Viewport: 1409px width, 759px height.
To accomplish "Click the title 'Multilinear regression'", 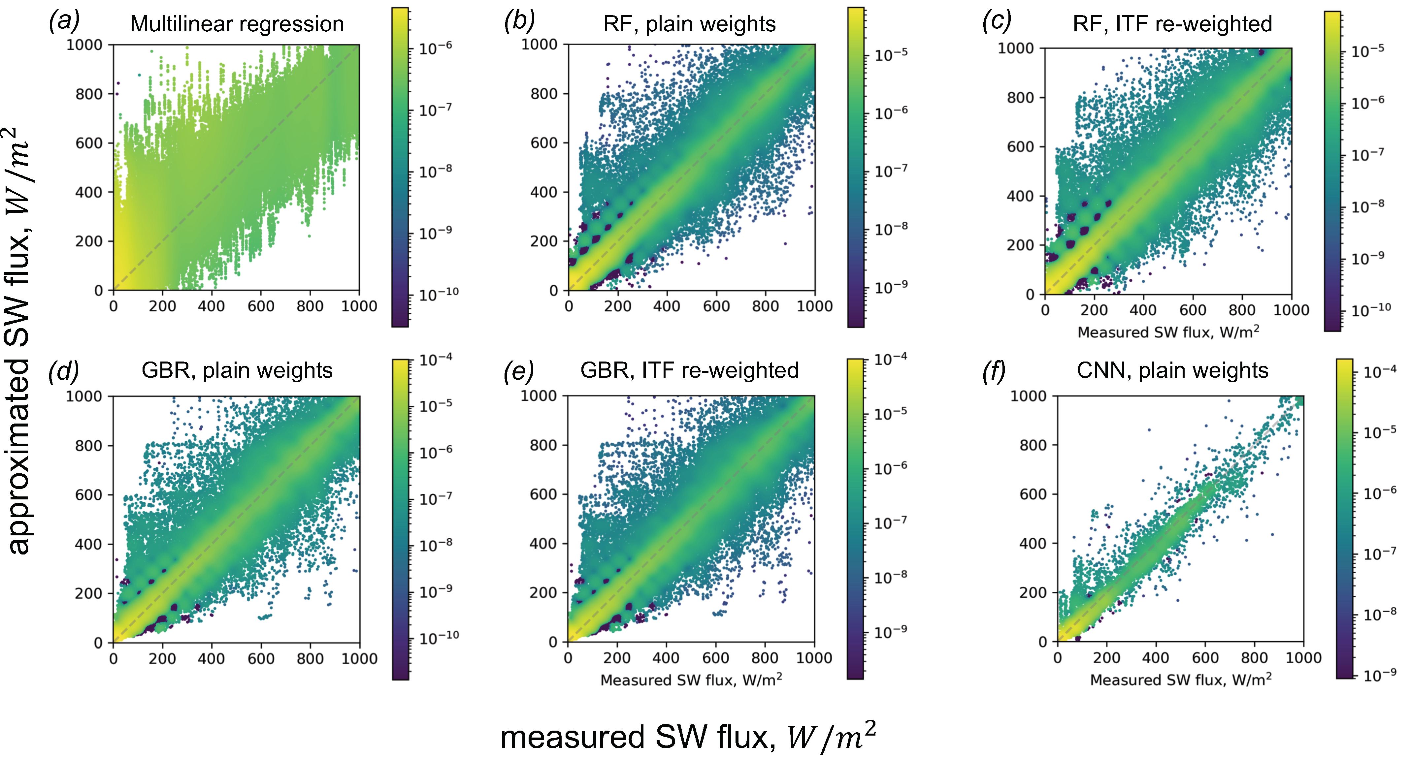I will pyautogui.click(x=237, y=24).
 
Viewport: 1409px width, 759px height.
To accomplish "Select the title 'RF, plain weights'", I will pyautogui.click(x=689, y=24).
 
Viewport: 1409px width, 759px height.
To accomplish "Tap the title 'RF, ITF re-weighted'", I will pyautogui.click(x=1172, y=24).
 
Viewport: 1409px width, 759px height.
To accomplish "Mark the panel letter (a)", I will pyautogui.click(x=64, y=22).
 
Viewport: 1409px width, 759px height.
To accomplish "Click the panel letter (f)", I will pyautogui.click(x=994, y=372).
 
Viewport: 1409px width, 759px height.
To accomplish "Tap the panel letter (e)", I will pyautogui.click(x=518, y=372).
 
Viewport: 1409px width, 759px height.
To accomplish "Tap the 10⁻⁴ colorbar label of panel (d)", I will pyautogui.click(x=436, y=360).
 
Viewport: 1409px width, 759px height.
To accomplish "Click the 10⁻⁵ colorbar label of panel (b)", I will pyautogui.click(x=891, y=55).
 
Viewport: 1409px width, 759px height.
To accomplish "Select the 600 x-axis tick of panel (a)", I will pyautogui.click(x=261, y=306).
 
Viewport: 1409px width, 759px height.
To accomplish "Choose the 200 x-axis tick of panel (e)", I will pyautogui.click(x=617, y=658).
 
